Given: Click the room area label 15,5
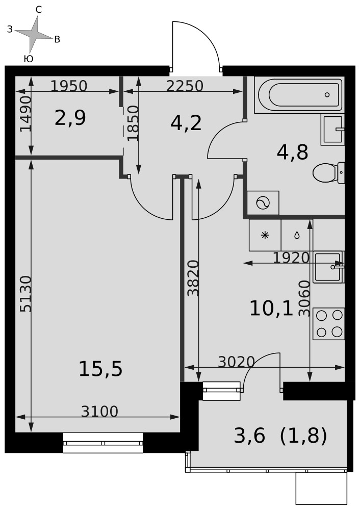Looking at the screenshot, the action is click(x=100, y=369).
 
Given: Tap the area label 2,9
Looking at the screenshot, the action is click(x=70, y=118).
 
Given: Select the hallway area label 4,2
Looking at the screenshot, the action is click(x=186, y=123).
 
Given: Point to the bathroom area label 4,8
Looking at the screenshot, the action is click(x=292, y=152).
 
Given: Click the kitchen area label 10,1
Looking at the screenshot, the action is click(x=271, y=309).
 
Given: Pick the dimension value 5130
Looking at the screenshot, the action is click(x=25, y=294).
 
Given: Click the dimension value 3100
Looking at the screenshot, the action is click(x=99, y=412).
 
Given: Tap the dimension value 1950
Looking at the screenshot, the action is click(x=69, y=86).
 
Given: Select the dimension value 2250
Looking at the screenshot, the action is click(x=185, y=86).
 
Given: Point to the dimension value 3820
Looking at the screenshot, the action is click(x=193, y=278).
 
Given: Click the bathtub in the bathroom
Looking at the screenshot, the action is click(x=299, y=95).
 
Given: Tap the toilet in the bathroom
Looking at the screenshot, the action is click(x=328, y=173).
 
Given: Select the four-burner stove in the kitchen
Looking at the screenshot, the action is click(x=328, y=324).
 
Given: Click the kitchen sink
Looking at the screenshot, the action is click(x=328, y=267).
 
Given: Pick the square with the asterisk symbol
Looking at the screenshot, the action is click(x=265, y=235).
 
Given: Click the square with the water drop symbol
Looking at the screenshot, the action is click(x=297, y=235).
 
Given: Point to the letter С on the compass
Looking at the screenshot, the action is click(x=38, y=10).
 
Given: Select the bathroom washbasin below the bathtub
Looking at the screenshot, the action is click(x=332, y=129).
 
